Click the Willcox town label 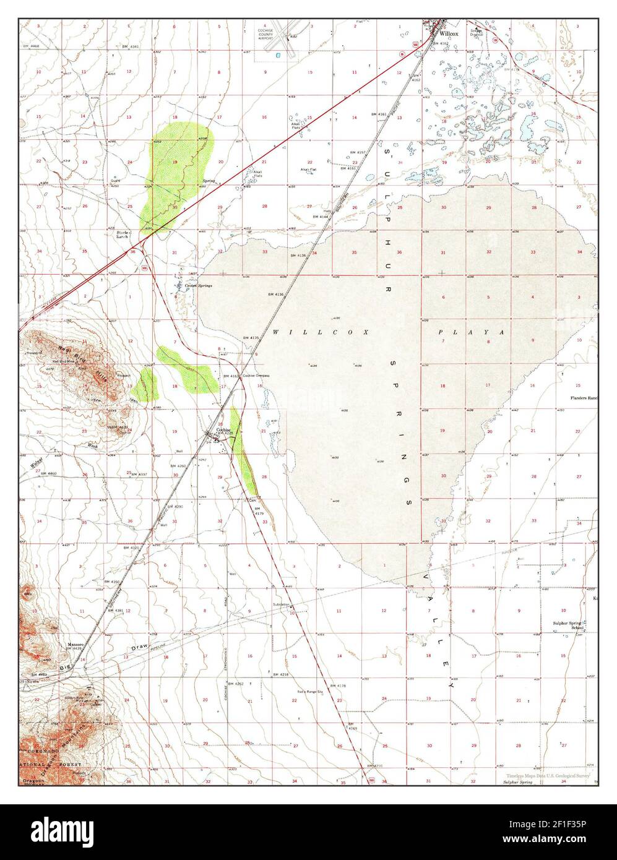tap(449, 33)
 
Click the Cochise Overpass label tap(256, 376)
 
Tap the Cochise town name tap(223, 429)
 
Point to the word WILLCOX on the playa tap(321, 332)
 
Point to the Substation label tap(281, 604)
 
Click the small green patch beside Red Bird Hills tap(148, 385)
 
